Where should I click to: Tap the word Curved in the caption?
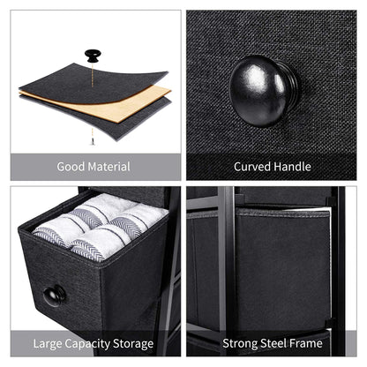click(252, 167)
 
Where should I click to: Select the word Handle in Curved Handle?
click(292, 167)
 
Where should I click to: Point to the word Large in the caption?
click(50, 342)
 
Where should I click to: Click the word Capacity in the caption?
click(93, 342)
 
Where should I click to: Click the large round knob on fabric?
click(263, 91)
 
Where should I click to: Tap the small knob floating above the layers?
click(92, 56)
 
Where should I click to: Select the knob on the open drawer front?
click(54, 295)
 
